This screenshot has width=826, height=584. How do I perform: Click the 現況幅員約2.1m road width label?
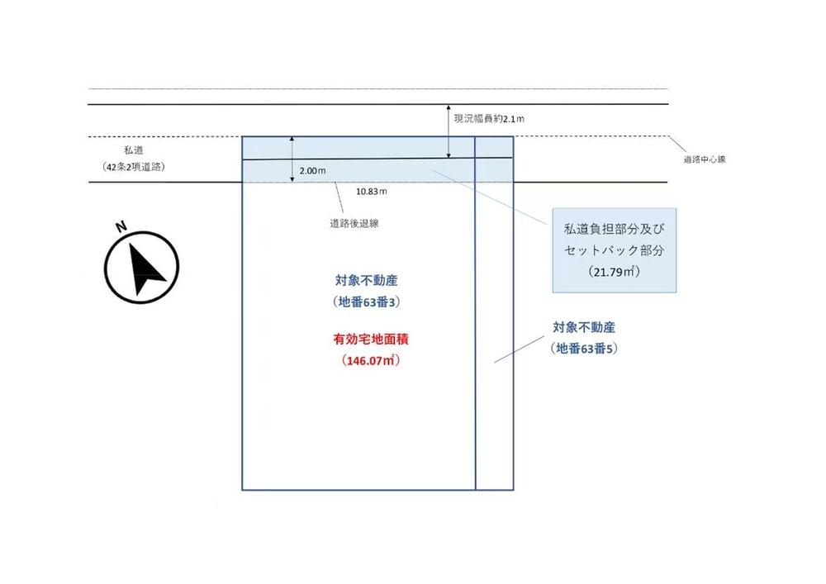[x=489, y=119]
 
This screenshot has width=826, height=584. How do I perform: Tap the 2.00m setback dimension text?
[x=312, y=171]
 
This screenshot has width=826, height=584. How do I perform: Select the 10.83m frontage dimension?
[x=372, y=191]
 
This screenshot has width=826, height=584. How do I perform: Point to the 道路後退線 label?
[x=354, y=223]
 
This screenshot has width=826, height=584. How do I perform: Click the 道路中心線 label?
[x=705, y=159]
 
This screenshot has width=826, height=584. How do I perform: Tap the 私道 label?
[x=133, y=150]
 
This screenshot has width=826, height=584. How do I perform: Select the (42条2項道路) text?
[x=133, y=167]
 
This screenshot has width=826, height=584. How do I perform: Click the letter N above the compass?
[x=121, y=226]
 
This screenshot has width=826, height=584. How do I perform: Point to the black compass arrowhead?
[x=145, y=268]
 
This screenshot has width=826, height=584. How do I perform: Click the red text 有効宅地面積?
[x=371, y=339]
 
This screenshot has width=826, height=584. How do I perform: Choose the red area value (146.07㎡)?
[x=371, y=361]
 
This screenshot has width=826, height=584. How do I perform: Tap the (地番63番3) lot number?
[x=367, y=302]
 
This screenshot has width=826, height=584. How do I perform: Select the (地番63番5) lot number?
[x=584, y=349]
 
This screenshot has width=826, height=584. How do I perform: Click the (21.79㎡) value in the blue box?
[x=615, y=272]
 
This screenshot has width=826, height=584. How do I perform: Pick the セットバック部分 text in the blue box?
[x=615, y=250]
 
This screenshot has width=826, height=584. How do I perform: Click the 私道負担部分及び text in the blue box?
[x=615, y=229]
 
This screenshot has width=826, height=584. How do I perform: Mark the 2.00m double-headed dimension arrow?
[x=292, y=159]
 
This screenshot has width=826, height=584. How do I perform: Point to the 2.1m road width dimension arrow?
[x=449, y=131]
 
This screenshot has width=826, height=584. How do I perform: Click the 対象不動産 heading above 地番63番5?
[x=584, y=328]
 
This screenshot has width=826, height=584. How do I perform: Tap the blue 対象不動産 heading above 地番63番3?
[x=367, y=281]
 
